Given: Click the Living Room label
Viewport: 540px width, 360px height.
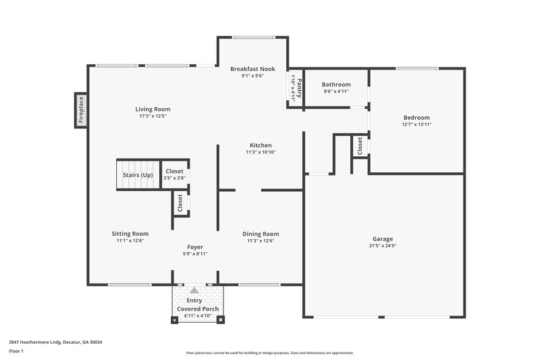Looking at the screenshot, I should click(x=153, y=109).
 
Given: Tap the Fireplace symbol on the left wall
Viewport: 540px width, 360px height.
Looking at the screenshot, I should click(x=80, y=110).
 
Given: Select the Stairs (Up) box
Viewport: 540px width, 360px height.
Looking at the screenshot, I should click(x=137, y=175).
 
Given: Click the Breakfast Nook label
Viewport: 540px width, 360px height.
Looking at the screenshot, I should click(x=252, y=69).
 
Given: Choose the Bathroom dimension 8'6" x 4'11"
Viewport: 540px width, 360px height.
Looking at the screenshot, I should click(x=335, y=91).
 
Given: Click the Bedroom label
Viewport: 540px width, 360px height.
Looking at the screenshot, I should click(x=416, y=118).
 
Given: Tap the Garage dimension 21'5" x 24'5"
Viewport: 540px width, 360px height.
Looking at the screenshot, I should click(x=382, y=246).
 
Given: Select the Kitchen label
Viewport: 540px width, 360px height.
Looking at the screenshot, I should click(x=261, y=145).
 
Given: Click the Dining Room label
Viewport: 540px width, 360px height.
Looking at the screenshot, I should click(x=261, y=234).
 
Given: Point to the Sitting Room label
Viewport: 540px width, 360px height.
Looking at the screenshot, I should click(x=130, y=234).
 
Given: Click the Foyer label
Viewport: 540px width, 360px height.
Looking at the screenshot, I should click(x=195, y=247).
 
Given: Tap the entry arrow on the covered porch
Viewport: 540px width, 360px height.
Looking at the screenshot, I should click(x=194, y=290).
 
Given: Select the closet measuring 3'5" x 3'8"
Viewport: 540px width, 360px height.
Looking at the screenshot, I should click(x=174, y=174).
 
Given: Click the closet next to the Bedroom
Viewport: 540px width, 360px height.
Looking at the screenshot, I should click(x=359, y=146).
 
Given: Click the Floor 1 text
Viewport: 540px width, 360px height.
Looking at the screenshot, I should click(x=16, y=352).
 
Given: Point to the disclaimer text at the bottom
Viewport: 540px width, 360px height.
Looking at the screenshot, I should click(x=269, y=353).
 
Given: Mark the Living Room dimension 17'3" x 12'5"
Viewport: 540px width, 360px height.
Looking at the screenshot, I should click(x=153, y=116).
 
